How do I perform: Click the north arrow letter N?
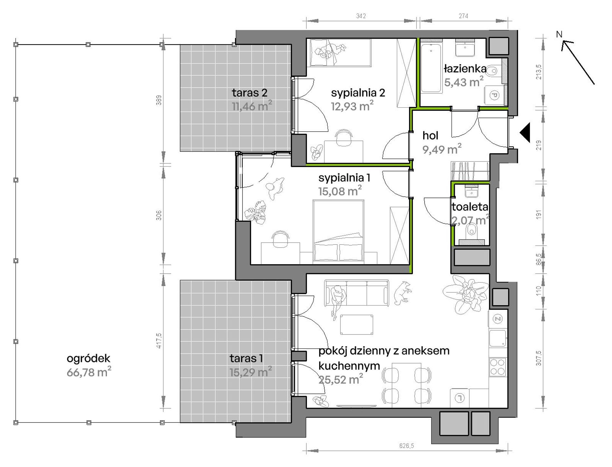click(559, 34)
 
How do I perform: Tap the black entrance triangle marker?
click(525, 132)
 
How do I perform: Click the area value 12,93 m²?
click(352, 106)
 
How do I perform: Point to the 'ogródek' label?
click(88, 358)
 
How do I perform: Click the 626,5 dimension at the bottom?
click(406, 446)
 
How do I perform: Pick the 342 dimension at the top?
click(361, 16)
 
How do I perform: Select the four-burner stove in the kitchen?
click(498, 367)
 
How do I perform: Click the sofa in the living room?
click(357, 293)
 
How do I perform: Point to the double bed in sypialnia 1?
click(338, 231)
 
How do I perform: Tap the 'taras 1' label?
click(246, 358)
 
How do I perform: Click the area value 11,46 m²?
click(252, 106)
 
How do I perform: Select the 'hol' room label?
click(430, 135)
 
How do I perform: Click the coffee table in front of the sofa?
click(357, 325)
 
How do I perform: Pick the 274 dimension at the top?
click(463, 16)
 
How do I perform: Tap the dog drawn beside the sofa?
click(402, 293)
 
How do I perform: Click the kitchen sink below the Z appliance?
click(498, 338)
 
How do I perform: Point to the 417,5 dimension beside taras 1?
click(159, 341)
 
